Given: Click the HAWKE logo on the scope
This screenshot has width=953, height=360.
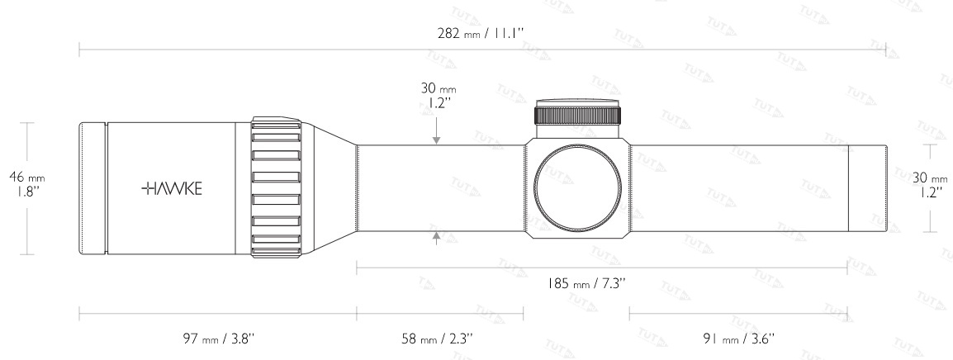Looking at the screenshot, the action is click(x=172, y=188).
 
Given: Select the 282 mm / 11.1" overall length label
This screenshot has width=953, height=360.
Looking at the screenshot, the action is click(x=481, y=33).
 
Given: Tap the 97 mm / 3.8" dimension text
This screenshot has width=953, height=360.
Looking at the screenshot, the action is click(x=218, y=338).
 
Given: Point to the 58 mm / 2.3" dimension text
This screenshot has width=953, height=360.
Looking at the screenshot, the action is click(x=437, y=338).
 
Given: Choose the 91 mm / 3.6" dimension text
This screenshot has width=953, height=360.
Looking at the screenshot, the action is click(x=738, y=338).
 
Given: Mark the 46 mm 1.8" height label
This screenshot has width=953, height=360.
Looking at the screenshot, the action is click(x=26, y=184).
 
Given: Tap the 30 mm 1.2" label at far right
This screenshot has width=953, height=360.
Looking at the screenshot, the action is click(x=930, y=185).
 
